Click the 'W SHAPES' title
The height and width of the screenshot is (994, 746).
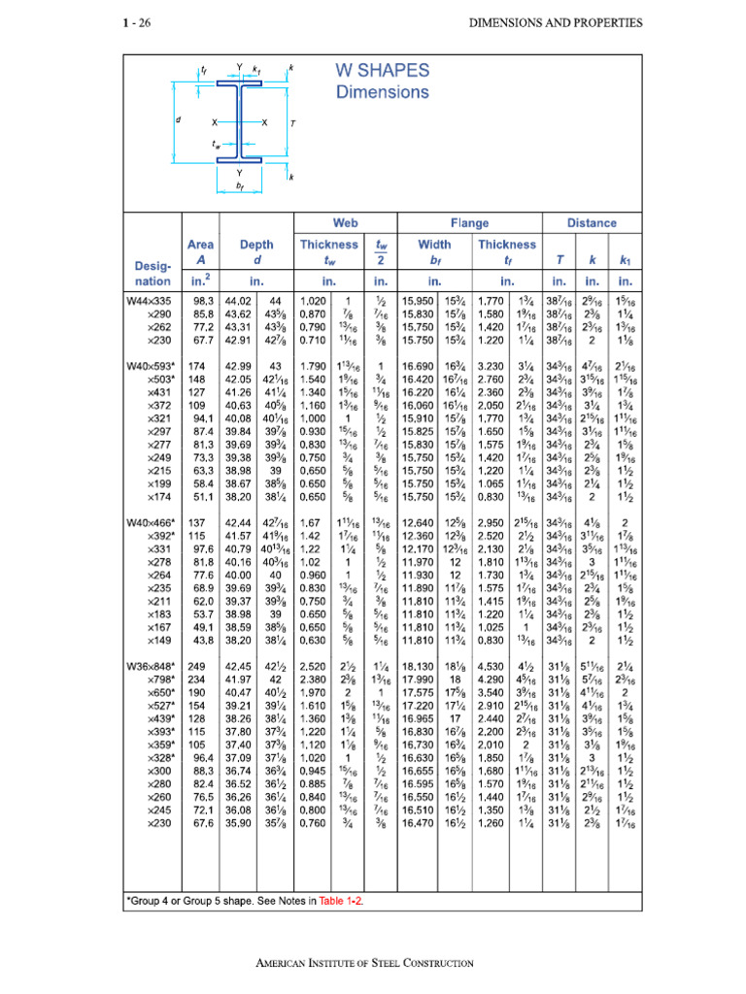click(382, 71)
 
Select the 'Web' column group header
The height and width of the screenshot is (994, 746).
click(345, 222)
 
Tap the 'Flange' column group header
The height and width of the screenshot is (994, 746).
click(469, 222)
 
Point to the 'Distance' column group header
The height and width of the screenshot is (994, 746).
click(592, 222)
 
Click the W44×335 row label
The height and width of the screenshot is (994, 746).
click(149, 302)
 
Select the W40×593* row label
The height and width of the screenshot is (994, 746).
click(151, 364)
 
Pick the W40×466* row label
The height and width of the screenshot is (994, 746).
click(151, 522)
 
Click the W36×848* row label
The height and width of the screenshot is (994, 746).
click(151, 667)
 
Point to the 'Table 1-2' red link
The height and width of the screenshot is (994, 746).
click(339, 901)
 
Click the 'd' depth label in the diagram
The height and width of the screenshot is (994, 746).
click(179, 120)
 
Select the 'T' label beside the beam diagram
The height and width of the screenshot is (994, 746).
click(292, 123)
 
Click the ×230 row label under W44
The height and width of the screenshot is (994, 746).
click(156, 340)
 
